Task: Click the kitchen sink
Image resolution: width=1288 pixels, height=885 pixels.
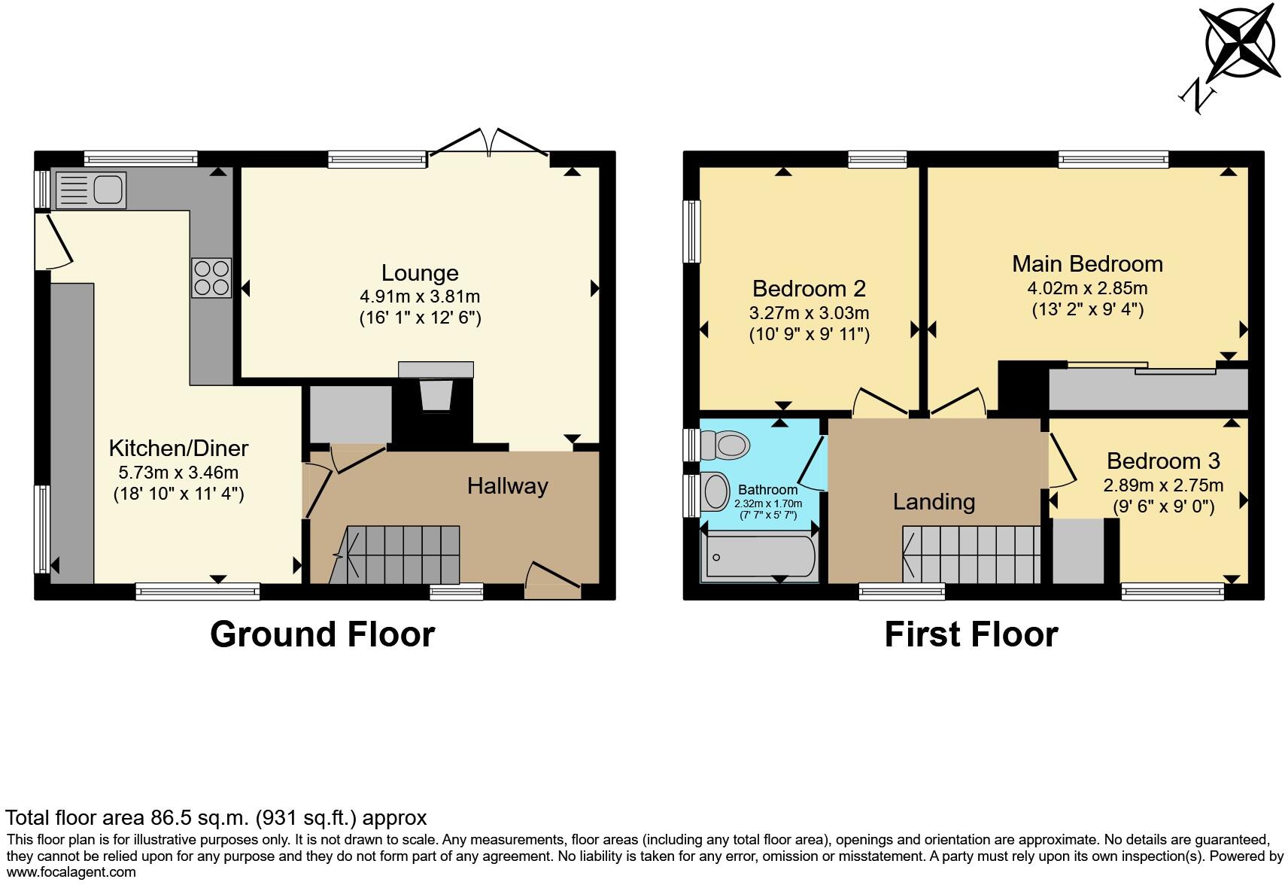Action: [90, 190]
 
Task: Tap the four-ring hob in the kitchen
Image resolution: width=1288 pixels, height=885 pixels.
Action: [211, 278]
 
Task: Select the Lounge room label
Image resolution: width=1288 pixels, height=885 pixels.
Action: [419, 272]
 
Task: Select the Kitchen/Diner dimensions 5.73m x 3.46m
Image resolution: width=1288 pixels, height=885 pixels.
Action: [178, 473]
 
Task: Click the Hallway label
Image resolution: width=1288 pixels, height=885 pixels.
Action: [507, 486]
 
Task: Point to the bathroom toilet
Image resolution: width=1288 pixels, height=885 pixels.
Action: [725, 445]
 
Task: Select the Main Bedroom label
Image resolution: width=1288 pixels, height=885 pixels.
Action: [1086, 263]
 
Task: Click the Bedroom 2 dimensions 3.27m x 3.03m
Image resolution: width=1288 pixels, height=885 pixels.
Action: [809, 312]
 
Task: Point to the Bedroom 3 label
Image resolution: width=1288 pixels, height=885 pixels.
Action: [1162, 461]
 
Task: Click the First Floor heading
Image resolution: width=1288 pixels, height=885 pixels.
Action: [971, 634]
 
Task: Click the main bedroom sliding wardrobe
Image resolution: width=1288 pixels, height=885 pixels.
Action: [1147, 388]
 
